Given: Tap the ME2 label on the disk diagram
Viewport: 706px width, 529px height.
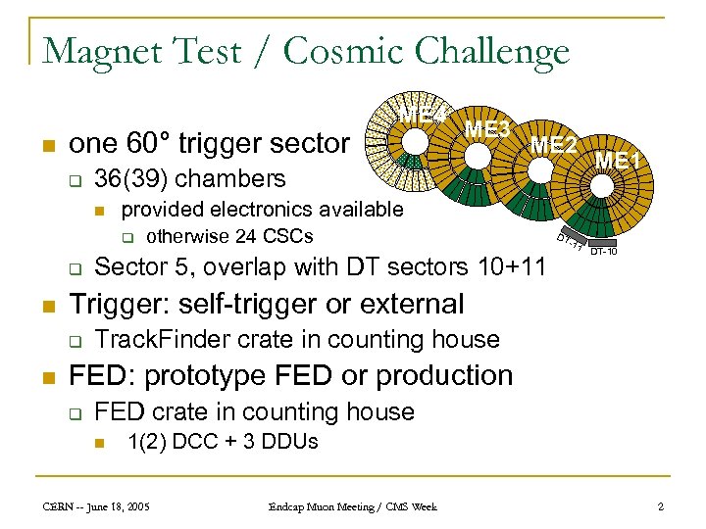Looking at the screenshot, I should tap(553, 145).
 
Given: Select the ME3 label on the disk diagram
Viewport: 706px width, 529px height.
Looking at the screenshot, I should tap(487, 128).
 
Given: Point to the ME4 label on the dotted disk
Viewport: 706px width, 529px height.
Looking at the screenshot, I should tap(420, 114).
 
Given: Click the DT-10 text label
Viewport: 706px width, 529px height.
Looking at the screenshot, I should tap(603, 253).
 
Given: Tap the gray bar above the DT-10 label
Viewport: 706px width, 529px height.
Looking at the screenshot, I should tap(601, 242).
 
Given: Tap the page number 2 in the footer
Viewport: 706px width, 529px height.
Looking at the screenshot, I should tap(661, 505).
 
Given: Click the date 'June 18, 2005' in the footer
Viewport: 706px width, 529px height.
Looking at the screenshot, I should tap(122, 505).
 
